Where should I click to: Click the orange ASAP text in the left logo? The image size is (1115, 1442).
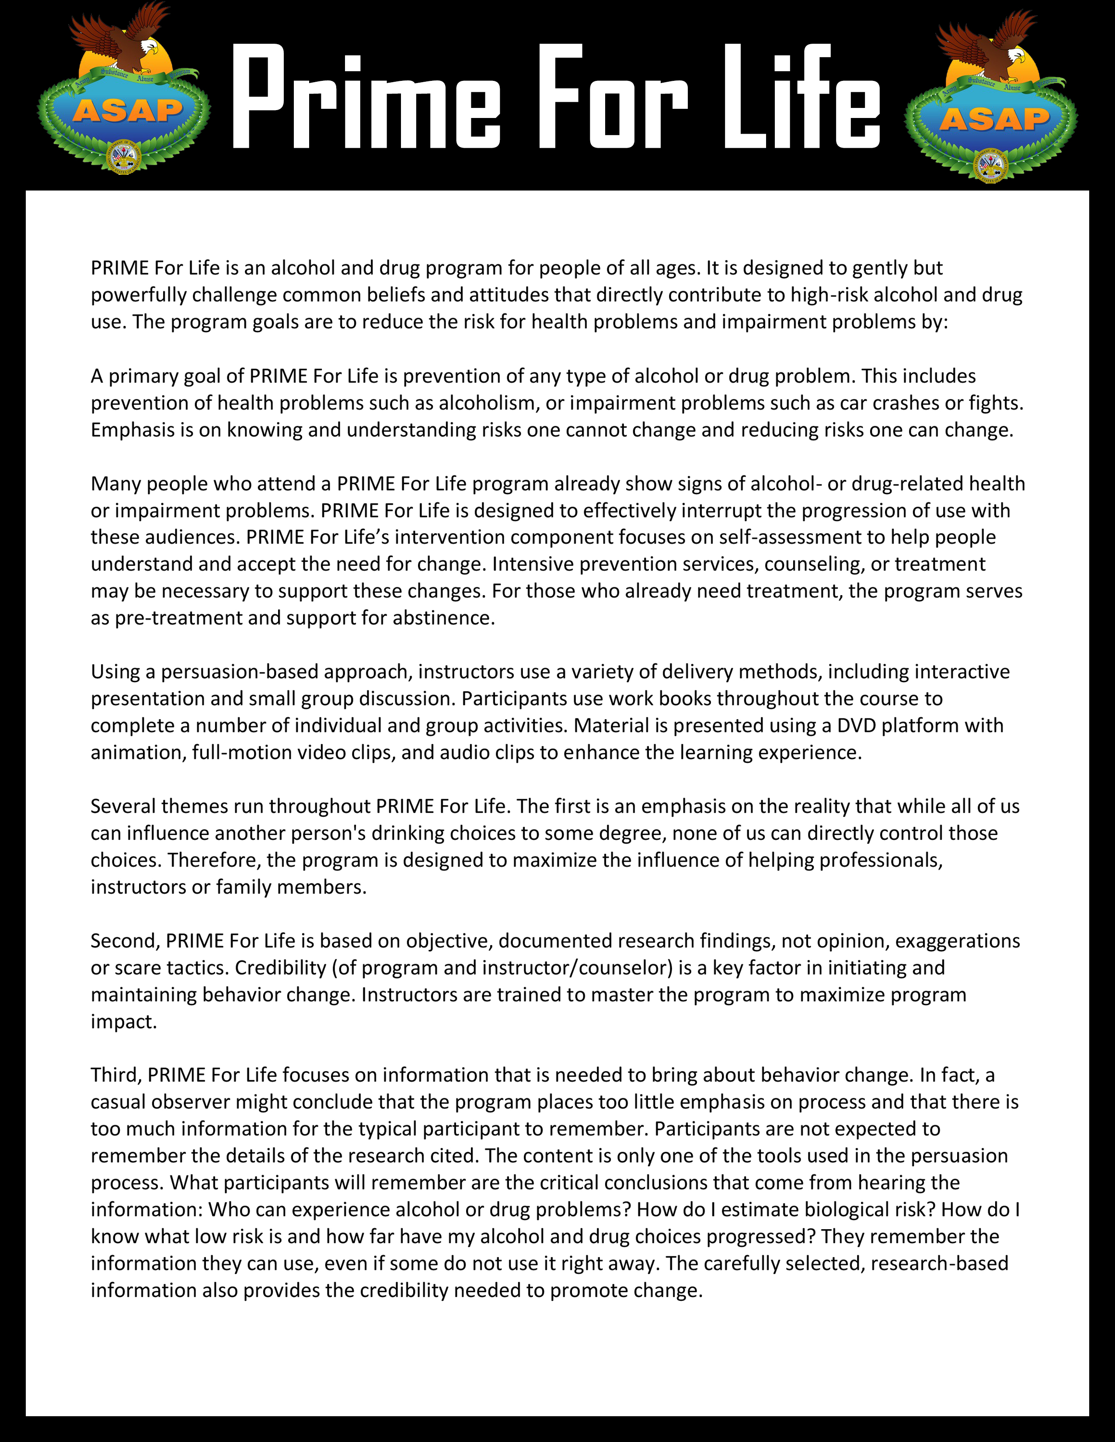pos(128,111)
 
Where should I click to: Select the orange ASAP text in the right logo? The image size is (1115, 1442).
pos(994,119)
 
